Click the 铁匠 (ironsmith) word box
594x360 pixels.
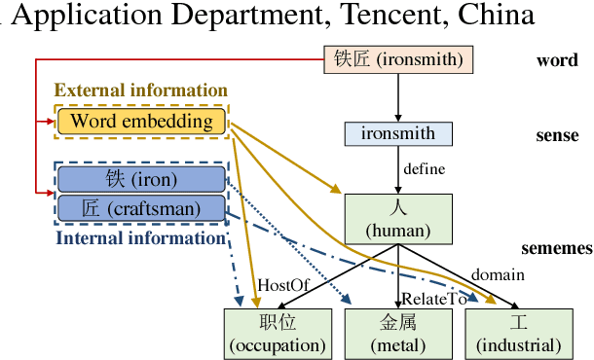[398, 60]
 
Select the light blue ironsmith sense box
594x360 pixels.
[398, 132]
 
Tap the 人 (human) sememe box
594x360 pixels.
[398, 218]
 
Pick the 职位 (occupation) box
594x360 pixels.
[277, 333]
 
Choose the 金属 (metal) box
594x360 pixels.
[398, 333]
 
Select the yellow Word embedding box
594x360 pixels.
[141, 122]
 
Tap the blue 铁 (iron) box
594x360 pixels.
[141, 179]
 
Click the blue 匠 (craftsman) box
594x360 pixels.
[141, 208]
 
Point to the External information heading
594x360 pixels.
[141, 91]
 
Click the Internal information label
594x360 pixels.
[141, 237]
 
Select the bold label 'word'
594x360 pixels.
[557, 60]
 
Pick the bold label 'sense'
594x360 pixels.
[557, 135]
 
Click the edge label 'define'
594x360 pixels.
[425, 169]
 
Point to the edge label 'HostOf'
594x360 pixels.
[282, 285]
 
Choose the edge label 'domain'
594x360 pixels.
[498, 275]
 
